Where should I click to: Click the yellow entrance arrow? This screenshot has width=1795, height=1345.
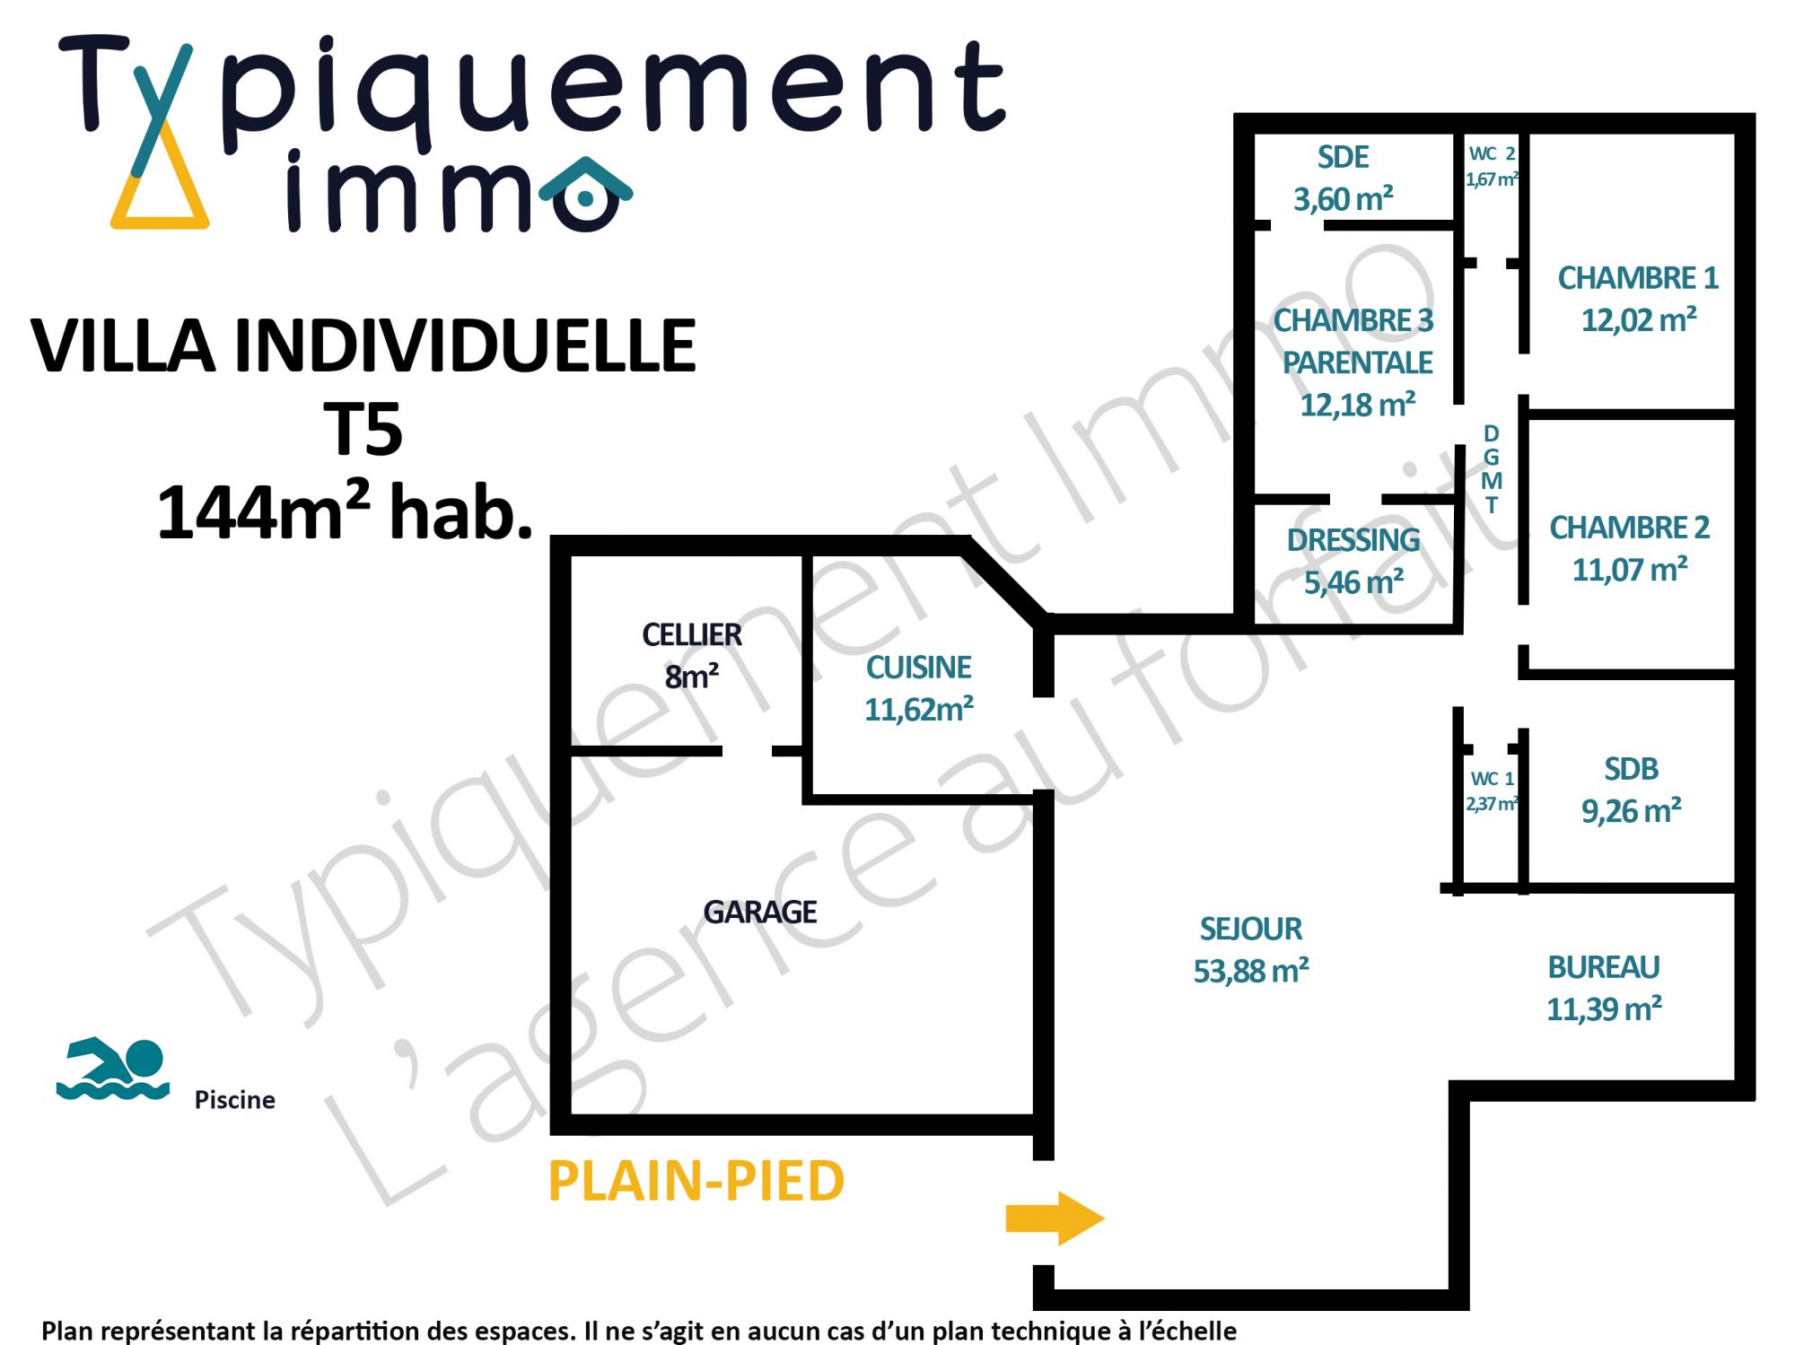click(x=1055, y=1218)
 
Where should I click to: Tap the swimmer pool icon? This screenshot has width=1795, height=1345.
click(x=112, y=1069)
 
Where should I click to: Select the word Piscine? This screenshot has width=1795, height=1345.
click(x=235, y=1100)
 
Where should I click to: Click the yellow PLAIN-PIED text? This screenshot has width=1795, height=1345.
click(x=696, y=1181)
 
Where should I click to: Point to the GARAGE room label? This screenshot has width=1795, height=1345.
click(x=760, y=913)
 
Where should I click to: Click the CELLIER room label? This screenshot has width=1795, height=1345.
click(x=692, y=635)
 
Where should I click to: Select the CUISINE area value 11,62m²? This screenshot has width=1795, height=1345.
click(x=919, y=710)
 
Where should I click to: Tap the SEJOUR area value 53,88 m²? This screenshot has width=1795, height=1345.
click(x=1251, y=971)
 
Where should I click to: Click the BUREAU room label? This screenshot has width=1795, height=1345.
click(x=1604, y=967)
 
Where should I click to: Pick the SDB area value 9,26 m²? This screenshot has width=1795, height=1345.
click(x=1632, y=811)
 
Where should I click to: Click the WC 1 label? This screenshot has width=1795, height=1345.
click(x=1492, y=779)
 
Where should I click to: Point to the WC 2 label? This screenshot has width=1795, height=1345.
click(x=1492, y=154)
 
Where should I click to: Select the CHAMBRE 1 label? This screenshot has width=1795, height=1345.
click(x=1638, y=278)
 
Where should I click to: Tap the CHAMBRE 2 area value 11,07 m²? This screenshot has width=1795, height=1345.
click(x=1630, y=570)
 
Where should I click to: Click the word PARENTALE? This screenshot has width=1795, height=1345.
click(x=1357, y=362)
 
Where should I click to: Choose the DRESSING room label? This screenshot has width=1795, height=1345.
click(x=1353, y=540)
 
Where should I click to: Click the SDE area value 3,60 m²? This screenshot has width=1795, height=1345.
click(x=1344, y=199)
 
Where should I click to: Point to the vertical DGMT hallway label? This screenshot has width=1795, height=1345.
click(x=1492, y=469)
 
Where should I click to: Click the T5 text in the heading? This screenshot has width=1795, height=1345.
click(x=363, y=430)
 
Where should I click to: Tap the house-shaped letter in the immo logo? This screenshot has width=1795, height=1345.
click(x=586, y=194)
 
